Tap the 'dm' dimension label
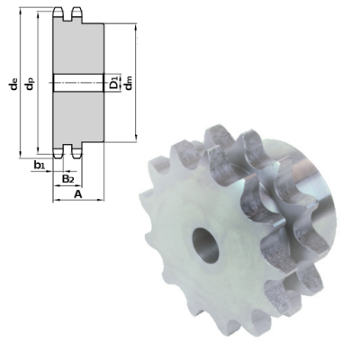[129, 84]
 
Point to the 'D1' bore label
[113, 84]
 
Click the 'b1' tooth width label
[40, 166]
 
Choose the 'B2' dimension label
[67, 178]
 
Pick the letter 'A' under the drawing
[77, 193]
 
